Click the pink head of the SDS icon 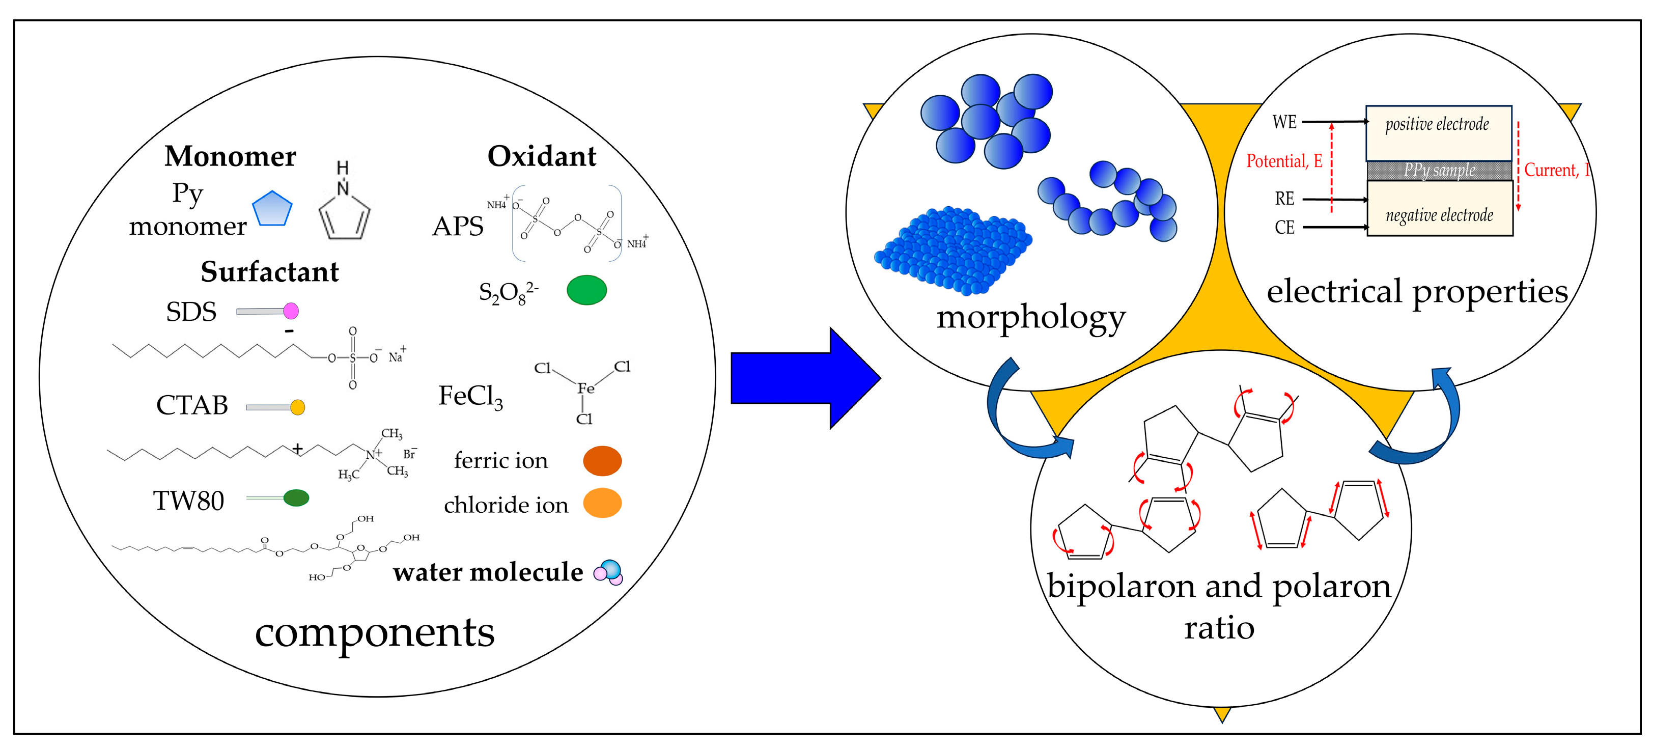coord(291,311)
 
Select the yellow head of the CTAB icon coord(298,407)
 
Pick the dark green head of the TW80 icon coord(296,497)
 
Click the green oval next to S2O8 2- coord(586,290)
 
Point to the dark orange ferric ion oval coord(602,461)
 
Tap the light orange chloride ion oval coord(602,503)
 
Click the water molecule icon coord(608,572)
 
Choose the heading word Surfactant coord(269,271)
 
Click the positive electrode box coord(1438,133)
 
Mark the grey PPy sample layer coord(1439,170)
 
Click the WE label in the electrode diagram coord(1284,122)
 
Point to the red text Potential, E coord(1284,161)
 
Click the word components coord(375,632)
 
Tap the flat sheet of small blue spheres coord(953,251)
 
